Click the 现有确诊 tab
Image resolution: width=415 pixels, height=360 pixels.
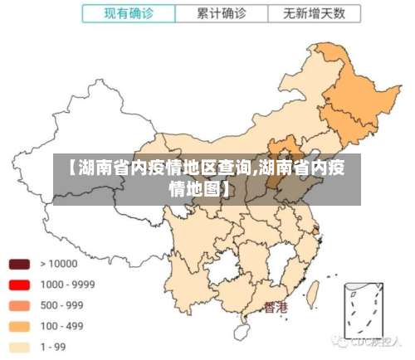pyautogui.click(x=129, y=14)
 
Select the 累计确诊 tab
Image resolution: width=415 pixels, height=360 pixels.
pyautogui.click(x=221, y=14)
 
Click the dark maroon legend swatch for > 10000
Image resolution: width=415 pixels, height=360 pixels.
pyautogui.click(x=19, y=264)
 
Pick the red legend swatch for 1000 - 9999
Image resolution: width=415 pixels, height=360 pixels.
pyautogui.click(x=19, y=285)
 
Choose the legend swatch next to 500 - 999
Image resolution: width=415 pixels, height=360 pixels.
pyautogui.click(x=19, y=305)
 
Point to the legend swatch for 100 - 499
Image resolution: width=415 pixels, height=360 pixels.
pyautogui.click(x=19, y=326)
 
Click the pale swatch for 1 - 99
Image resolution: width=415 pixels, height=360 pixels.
pyautogui.click(x=19, y=347)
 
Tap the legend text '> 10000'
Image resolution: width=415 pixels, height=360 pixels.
pyautogui.click(x=57, y=264)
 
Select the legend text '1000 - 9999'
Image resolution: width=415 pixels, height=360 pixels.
pyautogui.click(x=67, y=285)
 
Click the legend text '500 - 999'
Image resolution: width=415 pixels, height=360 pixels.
pyautogui.click(x=62, y=305)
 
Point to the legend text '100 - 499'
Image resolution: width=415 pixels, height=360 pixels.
pyautogui.click(x=62, y=326)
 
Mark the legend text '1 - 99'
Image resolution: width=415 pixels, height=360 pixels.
pyautogui.click(x=55, y=347)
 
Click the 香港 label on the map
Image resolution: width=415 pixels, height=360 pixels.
pyautogui.click(x=276, y=308)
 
